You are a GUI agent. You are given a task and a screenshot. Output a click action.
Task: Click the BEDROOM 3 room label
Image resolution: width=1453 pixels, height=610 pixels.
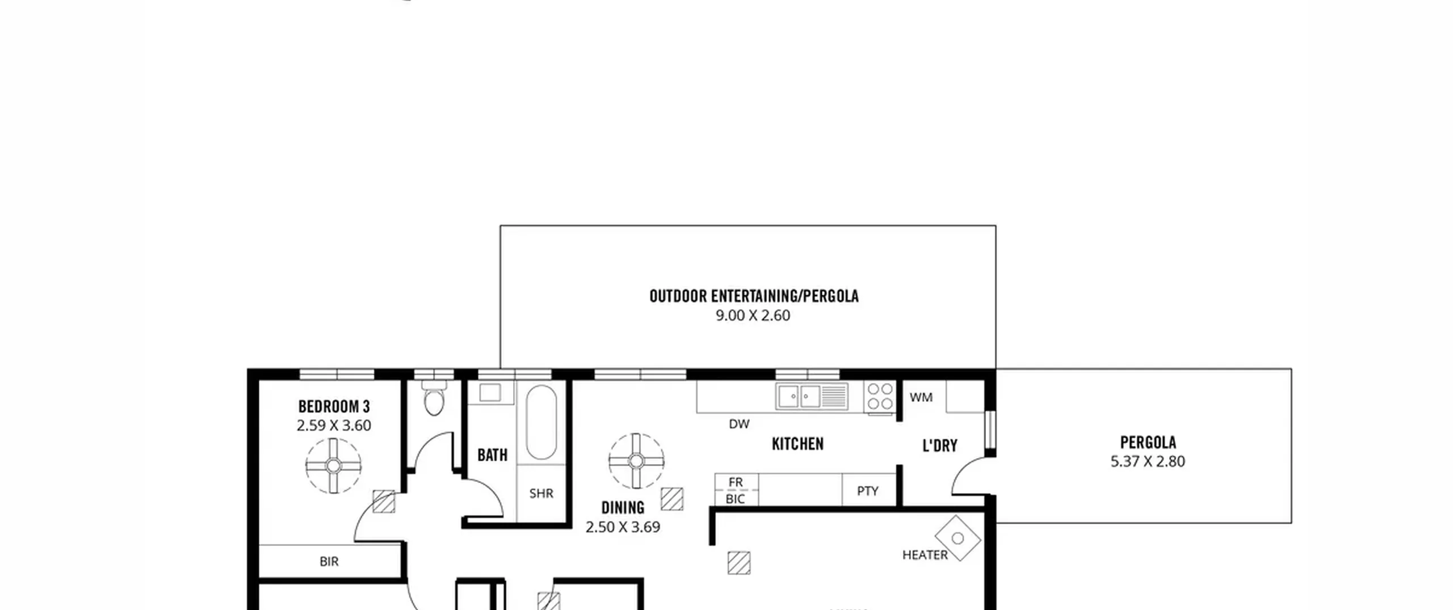coord(334,406)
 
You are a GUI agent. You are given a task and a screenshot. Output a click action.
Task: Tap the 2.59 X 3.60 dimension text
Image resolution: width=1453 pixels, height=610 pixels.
coord(334,426)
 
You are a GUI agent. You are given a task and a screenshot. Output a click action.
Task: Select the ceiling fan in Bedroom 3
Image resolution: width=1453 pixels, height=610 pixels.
coord(333,466)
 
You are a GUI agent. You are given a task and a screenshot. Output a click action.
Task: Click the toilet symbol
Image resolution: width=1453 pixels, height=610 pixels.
coord(434,397)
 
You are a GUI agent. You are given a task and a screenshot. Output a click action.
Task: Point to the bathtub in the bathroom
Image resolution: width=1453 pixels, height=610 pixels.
coord(541,422)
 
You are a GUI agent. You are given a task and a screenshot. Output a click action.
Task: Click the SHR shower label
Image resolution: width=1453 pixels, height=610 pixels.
coord(541,494)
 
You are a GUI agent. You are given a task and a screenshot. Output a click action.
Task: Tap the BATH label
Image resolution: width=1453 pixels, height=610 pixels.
coord(492,455)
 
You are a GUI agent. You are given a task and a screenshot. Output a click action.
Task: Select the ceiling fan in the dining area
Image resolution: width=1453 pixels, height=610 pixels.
coord(636,461)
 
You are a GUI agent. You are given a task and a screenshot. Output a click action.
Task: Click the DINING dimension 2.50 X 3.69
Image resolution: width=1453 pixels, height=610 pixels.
coord(623,527)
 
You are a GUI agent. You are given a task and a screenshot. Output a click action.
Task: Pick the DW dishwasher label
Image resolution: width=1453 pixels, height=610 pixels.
coord(739,424)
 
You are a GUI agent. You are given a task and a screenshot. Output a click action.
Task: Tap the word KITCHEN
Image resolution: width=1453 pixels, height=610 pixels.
coord(797,444)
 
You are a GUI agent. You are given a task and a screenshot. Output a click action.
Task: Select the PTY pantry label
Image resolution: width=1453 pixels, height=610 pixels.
coord(867,491)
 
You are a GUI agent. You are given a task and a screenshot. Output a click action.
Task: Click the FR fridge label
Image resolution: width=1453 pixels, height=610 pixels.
coord(736,482)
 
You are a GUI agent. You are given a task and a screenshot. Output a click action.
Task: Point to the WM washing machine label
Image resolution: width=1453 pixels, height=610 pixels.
coord(921,398)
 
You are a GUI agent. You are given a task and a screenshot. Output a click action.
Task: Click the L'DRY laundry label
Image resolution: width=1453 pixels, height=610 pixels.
coord(940,446)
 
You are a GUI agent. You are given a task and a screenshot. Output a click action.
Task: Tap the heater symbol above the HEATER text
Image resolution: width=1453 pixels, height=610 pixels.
coord(958,538)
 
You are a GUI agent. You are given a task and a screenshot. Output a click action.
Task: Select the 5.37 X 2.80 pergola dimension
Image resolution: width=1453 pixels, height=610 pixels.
coord(1148,461)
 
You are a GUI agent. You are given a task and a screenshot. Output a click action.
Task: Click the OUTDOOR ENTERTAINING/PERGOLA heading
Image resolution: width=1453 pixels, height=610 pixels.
coord(754,296)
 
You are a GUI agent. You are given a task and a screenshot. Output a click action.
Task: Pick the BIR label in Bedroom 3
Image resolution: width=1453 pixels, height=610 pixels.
coord(329,562)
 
